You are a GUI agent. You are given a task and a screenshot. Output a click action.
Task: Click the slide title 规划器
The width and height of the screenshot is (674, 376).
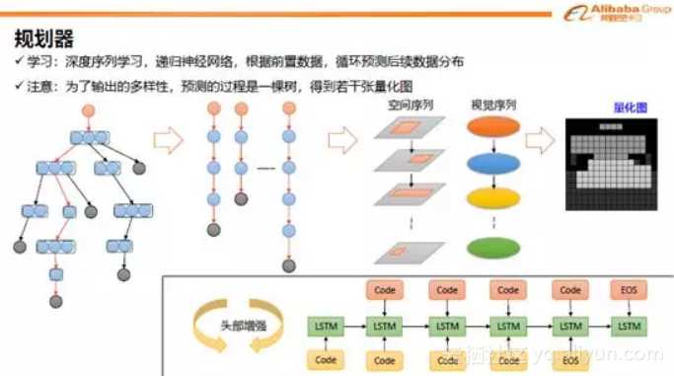pyautogui.click(x=44, y=38)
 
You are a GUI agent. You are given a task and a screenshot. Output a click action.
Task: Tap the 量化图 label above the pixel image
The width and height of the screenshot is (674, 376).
pyautogui.click(x=617, y=107)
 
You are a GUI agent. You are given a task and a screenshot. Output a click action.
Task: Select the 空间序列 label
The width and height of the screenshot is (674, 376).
pyautogui.click(x=411, y=105)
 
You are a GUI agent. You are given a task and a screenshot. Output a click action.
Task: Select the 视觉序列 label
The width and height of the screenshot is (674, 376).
pyautogui.click(x=493, y=105)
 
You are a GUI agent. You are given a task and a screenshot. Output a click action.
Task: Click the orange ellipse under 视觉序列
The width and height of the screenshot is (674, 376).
pyautogui.click(x=492, y=128)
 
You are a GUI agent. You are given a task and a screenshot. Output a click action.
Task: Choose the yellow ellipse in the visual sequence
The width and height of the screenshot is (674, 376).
pyautogui.click(x=492, y=197)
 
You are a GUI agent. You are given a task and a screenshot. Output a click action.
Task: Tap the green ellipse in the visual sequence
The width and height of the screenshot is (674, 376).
pyautogui.click(x=492, y=247)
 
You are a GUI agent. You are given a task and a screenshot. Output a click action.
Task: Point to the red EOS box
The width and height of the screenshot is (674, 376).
pyautogui.click(x=630, y=290)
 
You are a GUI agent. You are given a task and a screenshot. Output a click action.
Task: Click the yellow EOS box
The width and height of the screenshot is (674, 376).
pyautogui.click(x=569, y=361)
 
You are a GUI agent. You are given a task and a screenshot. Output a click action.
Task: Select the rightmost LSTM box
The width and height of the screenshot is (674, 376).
pyautogui.click(x=630, y=326)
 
